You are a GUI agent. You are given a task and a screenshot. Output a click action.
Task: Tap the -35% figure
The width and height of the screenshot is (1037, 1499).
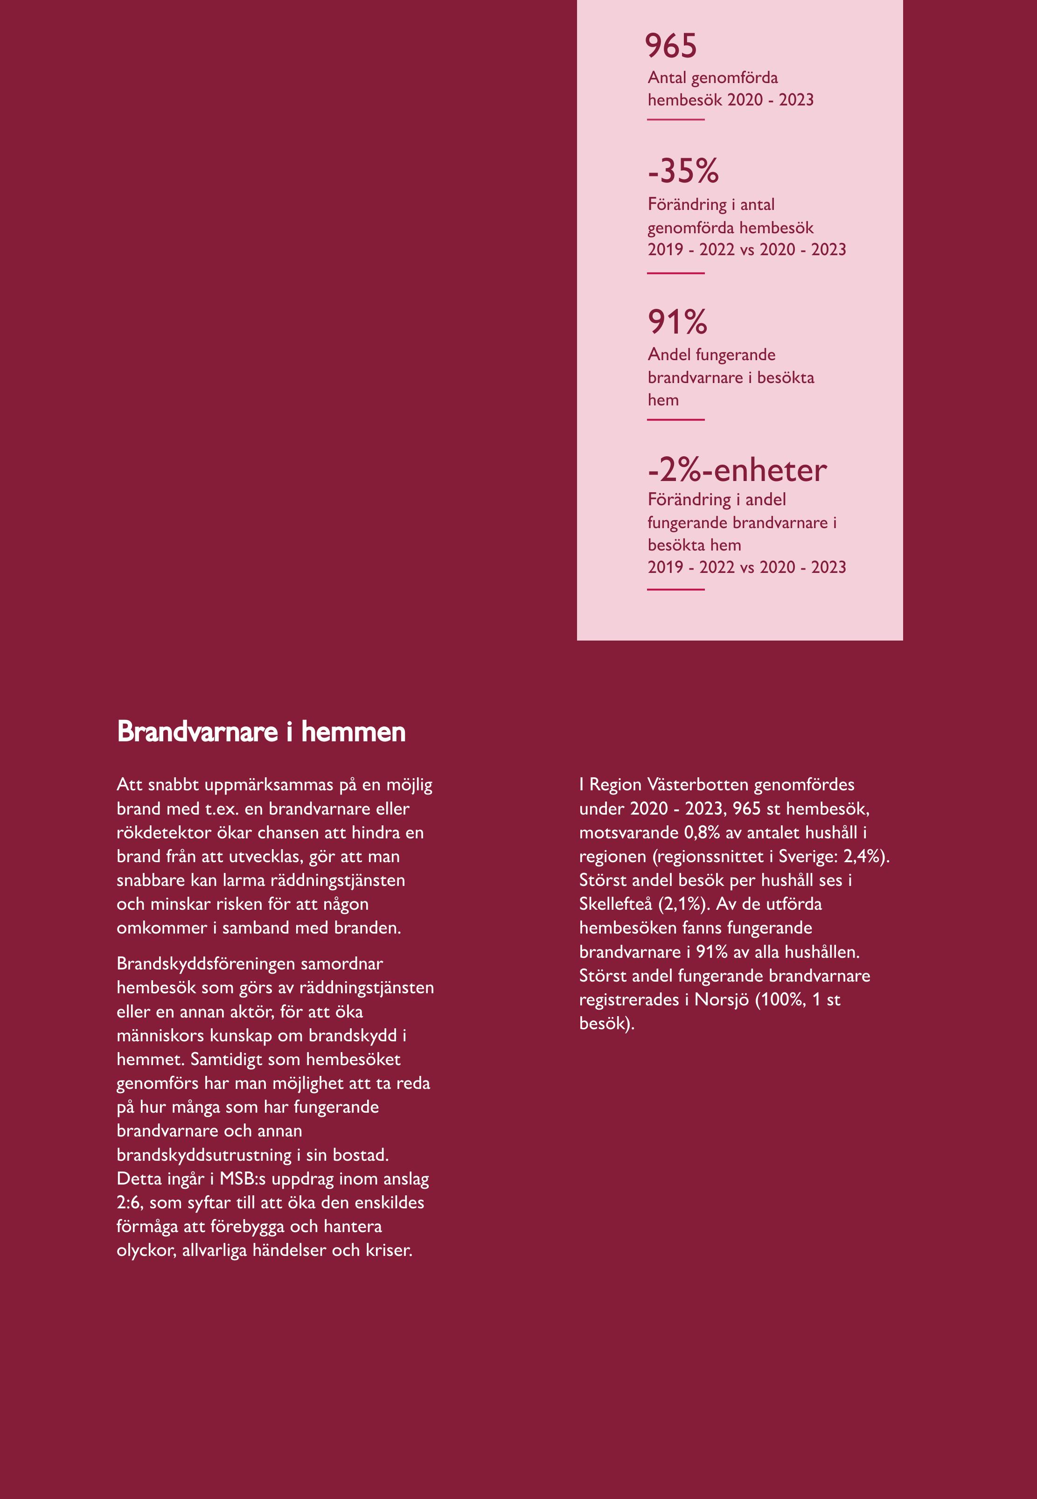point(683,171)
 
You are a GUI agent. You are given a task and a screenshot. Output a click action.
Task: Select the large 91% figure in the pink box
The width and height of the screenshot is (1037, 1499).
point(677,322)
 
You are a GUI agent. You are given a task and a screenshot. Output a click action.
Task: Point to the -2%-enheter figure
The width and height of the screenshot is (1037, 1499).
point(737,470)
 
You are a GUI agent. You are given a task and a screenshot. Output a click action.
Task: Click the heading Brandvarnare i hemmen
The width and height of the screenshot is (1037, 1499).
point(261,732)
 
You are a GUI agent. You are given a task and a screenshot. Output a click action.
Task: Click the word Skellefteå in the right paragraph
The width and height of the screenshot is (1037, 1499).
point(615,904)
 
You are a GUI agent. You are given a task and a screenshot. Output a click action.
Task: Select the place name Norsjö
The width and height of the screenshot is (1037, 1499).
point(722,999)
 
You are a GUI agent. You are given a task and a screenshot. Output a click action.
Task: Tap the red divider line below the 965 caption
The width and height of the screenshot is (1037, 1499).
point(676,119)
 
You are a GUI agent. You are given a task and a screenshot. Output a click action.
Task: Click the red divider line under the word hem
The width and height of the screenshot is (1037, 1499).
point(676,420)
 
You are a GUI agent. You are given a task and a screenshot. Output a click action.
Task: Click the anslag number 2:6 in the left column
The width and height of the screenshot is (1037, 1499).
point(129,1203)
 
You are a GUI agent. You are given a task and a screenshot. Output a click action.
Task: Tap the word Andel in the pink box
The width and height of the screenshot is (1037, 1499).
point(667,355)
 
